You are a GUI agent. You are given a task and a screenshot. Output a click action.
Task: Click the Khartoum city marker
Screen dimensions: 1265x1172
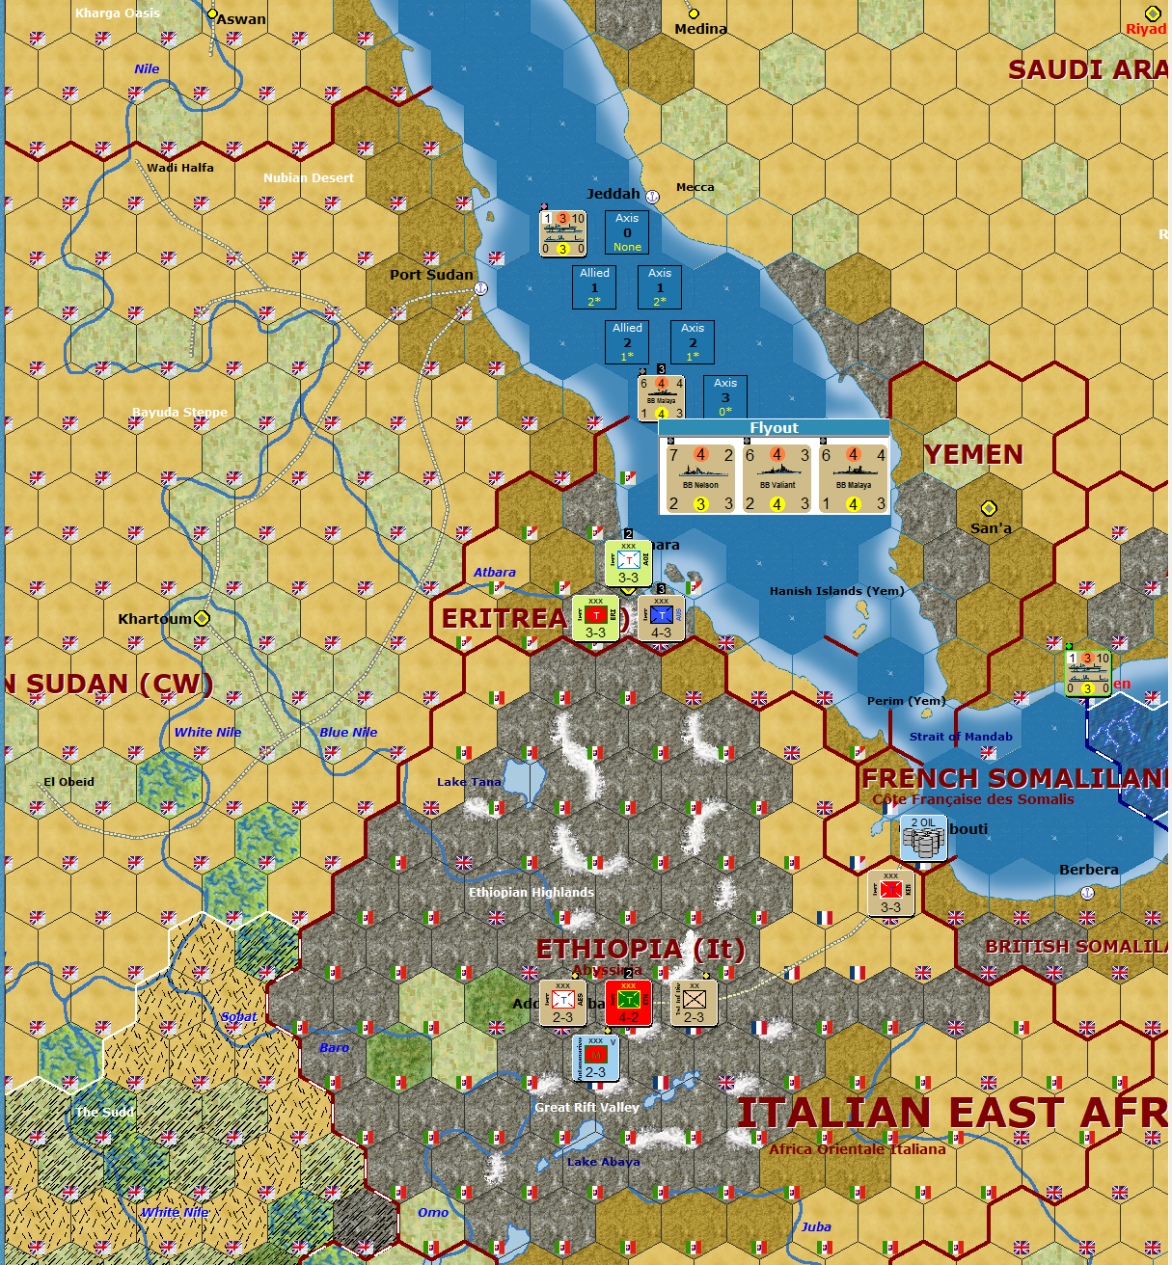point(202,618)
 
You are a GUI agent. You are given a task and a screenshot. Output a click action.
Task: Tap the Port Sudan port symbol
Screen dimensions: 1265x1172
point(480,288)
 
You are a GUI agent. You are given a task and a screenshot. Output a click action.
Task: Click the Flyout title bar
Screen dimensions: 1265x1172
point(774,428)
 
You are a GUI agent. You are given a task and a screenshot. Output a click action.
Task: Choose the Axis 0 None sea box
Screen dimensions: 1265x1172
point(627,232)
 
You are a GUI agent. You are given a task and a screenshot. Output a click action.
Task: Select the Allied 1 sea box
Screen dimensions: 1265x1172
point(594,287)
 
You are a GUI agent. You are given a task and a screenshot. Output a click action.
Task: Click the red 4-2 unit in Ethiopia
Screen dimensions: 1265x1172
point(628,1004)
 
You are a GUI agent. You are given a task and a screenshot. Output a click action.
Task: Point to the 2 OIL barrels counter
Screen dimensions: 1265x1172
point(923,837)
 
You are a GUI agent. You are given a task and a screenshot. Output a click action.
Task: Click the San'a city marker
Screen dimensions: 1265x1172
point(989,508)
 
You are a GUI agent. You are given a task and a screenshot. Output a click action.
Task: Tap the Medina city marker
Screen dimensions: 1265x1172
point(693,13)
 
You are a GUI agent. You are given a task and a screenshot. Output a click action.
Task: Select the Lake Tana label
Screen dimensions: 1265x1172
point(469,782)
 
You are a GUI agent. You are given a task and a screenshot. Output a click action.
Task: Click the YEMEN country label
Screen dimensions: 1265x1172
point(973,454)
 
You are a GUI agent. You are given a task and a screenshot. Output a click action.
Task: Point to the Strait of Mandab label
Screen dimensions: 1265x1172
point(961,737)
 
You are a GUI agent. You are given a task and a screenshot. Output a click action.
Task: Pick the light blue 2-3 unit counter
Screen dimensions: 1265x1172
point(596,1059)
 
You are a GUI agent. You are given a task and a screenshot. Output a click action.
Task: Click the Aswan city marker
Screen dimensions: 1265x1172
point(213,13)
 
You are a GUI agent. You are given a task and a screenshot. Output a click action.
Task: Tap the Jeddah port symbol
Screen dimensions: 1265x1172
point(652,197)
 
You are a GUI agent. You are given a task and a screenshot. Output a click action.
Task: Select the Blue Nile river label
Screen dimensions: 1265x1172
point(348,732)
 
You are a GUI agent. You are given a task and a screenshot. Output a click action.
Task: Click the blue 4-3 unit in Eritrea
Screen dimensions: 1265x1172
point(661,619)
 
